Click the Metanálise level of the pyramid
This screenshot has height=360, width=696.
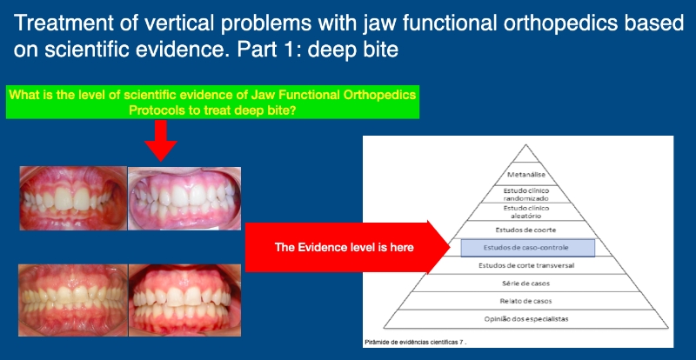pos(526,175)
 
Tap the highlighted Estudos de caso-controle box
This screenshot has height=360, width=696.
pos(528,248)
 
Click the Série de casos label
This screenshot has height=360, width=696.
pos(526,283)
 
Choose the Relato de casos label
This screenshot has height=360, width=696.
pos(526,301)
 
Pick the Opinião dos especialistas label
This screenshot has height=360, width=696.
pos(526,319)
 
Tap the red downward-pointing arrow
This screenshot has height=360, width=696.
pos(161,141)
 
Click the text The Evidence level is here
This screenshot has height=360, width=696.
pos(344,247)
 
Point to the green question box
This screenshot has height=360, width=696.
pos(212,103)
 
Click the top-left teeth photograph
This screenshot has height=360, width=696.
pos(73,198)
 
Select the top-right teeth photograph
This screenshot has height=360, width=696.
pos(184,198)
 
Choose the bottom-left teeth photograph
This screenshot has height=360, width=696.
pos(73,300)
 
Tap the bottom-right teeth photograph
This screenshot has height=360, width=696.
pos(185,300)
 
